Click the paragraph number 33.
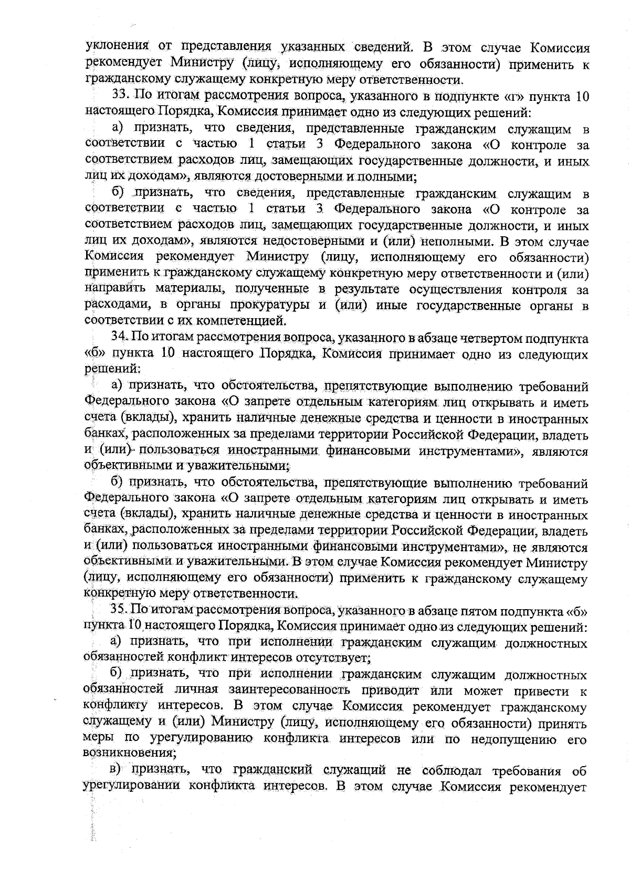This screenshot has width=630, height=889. coord(121,96)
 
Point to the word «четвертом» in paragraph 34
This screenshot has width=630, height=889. coord(493,337)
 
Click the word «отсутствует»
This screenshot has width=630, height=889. coord(329,657)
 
